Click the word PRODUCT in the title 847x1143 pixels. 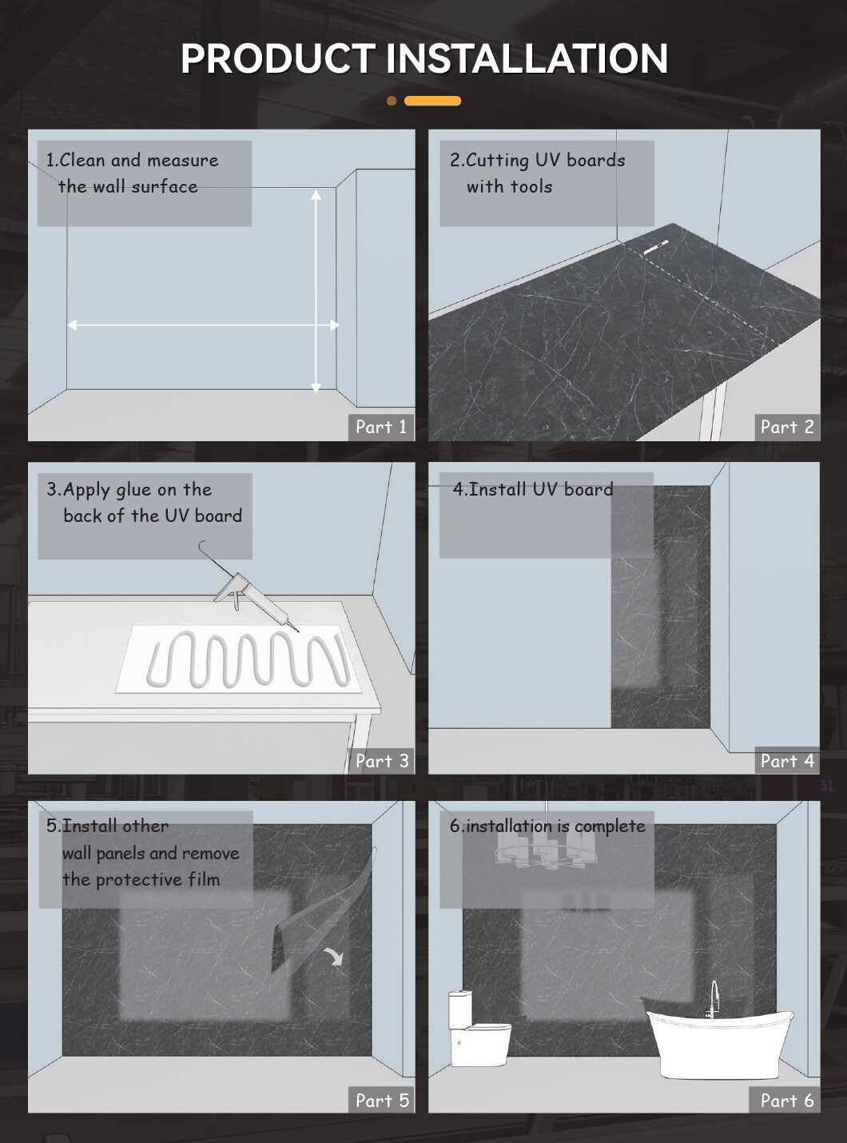point(278,58)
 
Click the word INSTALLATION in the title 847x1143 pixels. point(527,58)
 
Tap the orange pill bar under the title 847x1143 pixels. point(432,101)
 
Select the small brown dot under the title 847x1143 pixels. point(392,101)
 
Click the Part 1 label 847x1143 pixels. point(381,427)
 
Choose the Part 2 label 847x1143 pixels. point(787,427)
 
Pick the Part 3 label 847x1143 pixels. point(382,761)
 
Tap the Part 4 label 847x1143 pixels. point(787,761)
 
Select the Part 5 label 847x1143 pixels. point(382,1100)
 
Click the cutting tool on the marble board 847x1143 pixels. point(656,247)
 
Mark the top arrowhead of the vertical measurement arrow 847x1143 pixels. point(316,193)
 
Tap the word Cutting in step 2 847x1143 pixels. point(497,161)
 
